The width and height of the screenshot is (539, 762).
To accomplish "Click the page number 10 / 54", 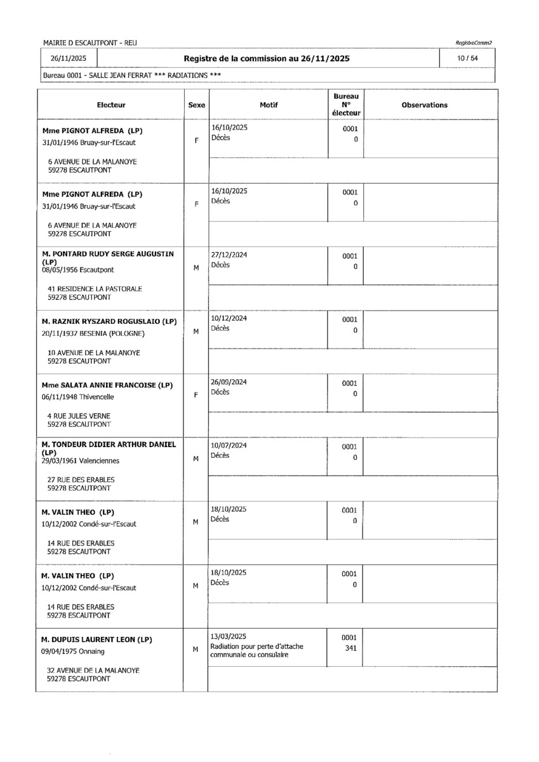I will pos(470,58).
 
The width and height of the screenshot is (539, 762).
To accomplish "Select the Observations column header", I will pos(424,105).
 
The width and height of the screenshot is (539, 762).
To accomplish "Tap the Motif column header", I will pos(269,105).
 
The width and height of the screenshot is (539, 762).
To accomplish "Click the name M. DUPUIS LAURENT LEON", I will pos(96,639).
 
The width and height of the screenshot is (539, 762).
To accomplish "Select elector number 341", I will pos(350,648).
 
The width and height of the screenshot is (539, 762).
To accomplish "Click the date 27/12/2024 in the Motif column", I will pos(229,255).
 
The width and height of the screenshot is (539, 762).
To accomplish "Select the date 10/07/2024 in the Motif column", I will pos(229,445).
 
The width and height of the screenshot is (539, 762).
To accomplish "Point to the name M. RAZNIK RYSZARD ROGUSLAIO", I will pos(109,321).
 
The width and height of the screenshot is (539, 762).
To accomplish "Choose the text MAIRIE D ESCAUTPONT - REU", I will pos(90,43).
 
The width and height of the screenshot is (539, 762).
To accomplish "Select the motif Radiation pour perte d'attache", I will pos(257,646).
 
